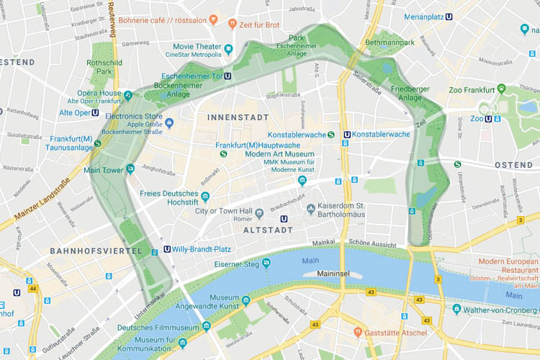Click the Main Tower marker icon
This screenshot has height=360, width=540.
pyautogui.click(x=130, y=169)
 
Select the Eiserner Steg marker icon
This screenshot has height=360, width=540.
pyautogui.click(x=266, y=263)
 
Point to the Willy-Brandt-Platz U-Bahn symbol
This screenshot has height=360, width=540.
pyautogui.click(x=168, y=249)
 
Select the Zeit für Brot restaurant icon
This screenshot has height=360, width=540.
pyautogui.click(x=233, y=24)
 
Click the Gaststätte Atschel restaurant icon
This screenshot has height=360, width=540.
pyautogui.click(x=358, y=333)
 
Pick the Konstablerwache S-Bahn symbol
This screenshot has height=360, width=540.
pyautogui.click(x=331, y=134)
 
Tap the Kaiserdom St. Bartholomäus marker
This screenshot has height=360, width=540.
pyautogui.click(x=311, y=210)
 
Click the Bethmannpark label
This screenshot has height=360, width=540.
pyautogui.click(x=390, y=43)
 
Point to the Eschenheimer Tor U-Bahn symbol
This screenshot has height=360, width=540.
pyautogui.click(x=228, y=74)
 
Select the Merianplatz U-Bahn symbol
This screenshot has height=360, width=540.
pyautogui.click(x=450, y=16)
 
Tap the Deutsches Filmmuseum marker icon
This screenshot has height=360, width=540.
pyautogui.click(x=206, y=326)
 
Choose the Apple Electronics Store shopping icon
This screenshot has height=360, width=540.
pyautogui.click(x=169, y=124)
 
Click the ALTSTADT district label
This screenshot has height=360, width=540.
pyautogui.click(x=268, y=230)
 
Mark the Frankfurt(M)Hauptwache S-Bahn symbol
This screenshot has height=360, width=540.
pyautogui.click(x=224, y=153)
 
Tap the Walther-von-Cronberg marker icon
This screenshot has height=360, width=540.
pyautogui.click(x=456, y=309)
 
